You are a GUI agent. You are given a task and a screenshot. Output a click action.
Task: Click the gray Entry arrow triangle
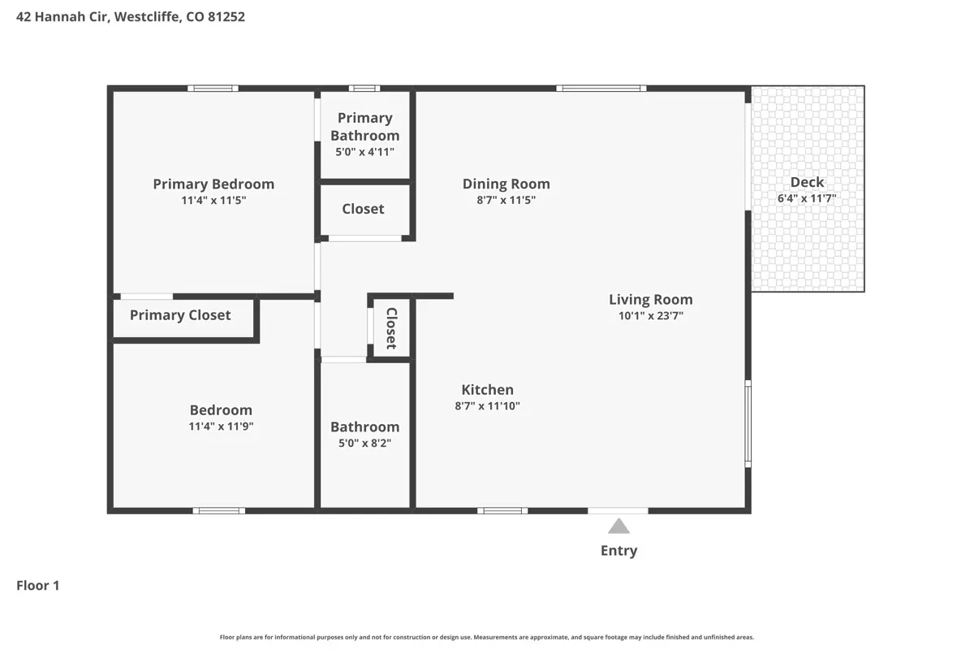(x=618, y=526)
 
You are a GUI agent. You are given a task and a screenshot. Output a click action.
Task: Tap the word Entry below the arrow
(x=618, y=551)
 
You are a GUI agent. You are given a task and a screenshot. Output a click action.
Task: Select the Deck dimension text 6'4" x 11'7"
(x=807, y=198)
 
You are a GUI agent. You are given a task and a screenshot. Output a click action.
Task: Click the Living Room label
(x=650, y=299)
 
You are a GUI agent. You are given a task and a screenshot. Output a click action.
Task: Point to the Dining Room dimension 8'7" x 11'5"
(x=506, y=200)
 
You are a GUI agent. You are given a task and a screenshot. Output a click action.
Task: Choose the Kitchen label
(x=488, y=389)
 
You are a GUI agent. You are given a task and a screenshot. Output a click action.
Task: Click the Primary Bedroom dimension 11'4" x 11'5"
(x=213, y=200)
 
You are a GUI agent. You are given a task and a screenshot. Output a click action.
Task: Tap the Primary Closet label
(x=180, y=315)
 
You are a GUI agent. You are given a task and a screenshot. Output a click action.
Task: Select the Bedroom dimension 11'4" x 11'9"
(x=221, y=427)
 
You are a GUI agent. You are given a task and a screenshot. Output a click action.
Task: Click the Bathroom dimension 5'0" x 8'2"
(x=364, y=443)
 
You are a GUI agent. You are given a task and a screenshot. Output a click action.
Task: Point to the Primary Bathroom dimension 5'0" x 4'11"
(x=364, y=152)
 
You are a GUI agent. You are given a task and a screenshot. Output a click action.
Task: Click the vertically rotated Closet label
(x=391, y=328)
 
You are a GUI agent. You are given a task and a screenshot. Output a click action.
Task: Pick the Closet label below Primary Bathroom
(x=363, y=209)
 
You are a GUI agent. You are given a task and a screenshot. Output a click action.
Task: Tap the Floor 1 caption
(x=38, y=586)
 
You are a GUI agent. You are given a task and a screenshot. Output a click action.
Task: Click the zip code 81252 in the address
(x=226, y=16)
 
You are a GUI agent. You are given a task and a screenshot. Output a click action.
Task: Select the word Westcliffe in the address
(x=148, y=16)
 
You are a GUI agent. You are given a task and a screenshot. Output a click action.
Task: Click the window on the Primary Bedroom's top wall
(x=213, y=89)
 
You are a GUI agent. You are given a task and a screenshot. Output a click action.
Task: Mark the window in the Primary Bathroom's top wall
(x=364, y=89)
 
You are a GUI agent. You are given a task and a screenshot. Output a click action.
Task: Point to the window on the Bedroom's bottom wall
(x=218, y=511)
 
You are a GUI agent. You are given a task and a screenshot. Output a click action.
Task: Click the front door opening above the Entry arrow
(x=618, y=511)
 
